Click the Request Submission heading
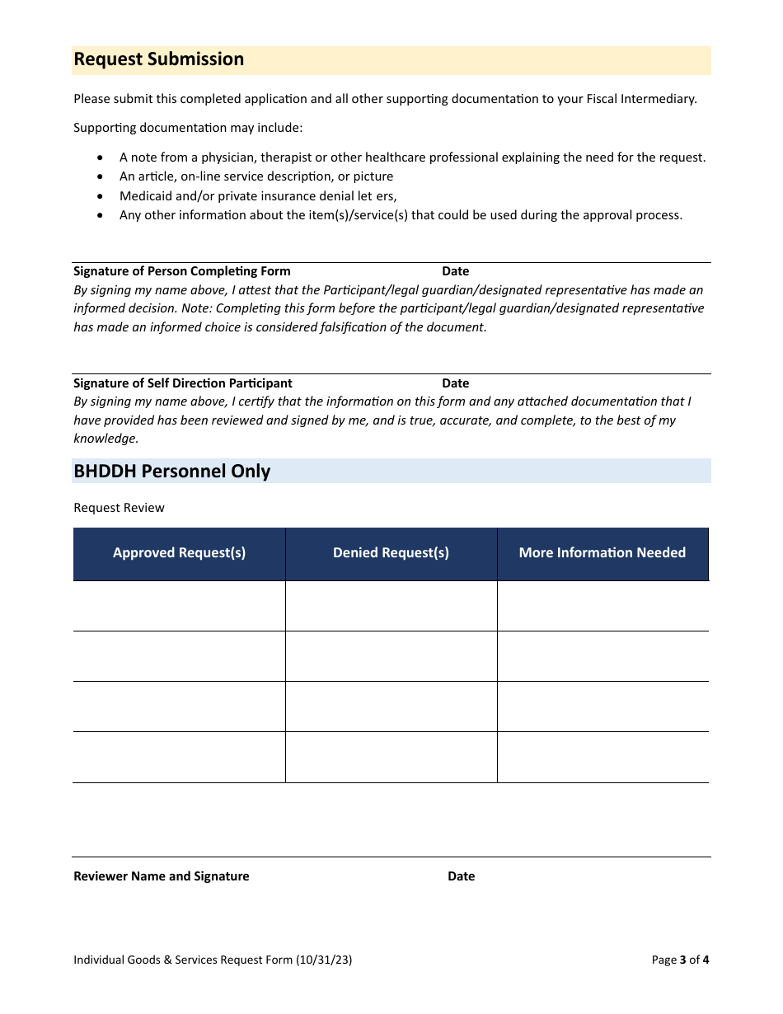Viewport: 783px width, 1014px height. click(x=158, y=59)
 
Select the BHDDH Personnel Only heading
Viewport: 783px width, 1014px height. click(x=171, y=472)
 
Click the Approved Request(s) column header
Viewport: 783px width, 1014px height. click(x=179, y=553)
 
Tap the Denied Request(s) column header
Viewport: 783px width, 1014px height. click(x=391, y=553)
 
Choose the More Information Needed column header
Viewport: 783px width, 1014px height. click(x=602, y=553)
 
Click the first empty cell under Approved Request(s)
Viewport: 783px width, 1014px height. click(x=179, y=606)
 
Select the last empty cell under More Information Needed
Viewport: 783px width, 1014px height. click(x=602, y=757)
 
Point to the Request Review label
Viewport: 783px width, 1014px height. click(x=119, y=508)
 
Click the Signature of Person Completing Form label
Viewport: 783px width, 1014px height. click(x=181, y=271)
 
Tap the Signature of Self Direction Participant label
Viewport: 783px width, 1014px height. click(x=182, y=383)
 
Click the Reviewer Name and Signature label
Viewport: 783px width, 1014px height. click(x=161, y=876)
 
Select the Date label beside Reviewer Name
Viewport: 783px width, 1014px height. click(x=461, y=876)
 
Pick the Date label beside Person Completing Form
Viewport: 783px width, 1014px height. click(x=455, y=271)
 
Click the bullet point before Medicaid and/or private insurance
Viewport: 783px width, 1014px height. click(x=101, y=196)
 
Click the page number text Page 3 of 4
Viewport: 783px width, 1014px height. click(x=679, y=960)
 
